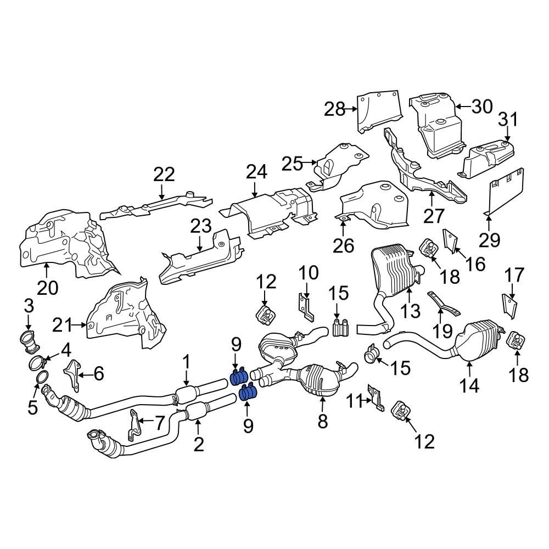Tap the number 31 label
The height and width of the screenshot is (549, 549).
pyautogui.click(x=508, y=119)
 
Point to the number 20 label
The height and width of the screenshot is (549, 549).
pyautogui.click(x=47, y=288)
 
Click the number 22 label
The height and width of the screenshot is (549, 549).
pyautogui.click(x=164, y=175)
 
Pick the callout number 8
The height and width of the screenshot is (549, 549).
pyautogui.click(x=322, y=421)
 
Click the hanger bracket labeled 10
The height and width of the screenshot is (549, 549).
pyautogui.click(x=306, y=307)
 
